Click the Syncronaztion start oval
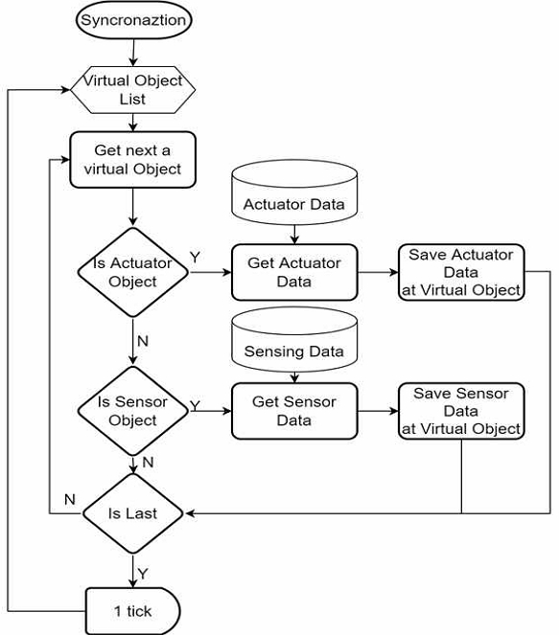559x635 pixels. (133, 20)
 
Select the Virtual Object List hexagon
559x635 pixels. (133, 89)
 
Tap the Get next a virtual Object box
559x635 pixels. (133, 160)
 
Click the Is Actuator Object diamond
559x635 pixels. (133, 272)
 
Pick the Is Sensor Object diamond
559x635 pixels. (133, 411)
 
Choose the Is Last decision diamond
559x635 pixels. (133, 513)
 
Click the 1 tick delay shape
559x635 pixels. (133, 611)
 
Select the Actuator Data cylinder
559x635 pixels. (294, 192)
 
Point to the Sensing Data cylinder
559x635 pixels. (294, 339)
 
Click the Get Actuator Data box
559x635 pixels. (294, 272)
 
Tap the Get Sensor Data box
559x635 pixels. (294, 411)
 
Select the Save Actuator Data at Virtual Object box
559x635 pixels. (461, 272)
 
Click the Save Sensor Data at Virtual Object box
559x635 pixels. (461, 411)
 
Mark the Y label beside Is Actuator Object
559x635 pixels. (195, 257)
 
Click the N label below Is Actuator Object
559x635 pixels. (143, 341)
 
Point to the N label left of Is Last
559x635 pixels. (70, 499)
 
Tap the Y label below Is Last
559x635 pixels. (143, 574)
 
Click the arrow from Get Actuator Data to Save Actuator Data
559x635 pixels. (378, 272)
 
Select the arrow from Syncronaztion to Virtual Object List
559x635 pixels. (133, 53)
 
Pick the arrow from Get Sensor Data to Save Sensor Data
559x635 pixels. (378, 411)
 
